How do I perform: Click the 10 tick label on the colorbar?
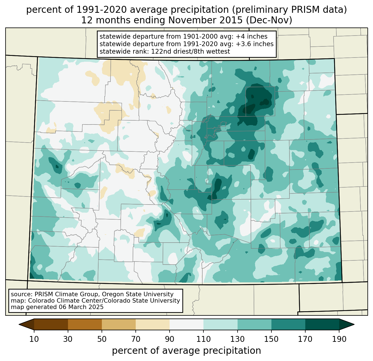(x=34, y=339)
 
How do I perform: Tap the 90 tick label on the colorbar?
(x=170, y=339)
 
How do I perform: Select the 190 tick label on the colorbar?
(x=339, y=339)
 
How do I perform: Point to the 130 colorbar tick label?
(x=238, y=339)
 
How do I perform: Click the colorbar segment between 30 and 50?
(x=85, y=324)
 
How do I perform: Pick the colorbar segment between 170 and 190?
(x=322, y=324)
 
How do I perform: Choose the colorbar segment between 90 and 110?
(x=186, y=324)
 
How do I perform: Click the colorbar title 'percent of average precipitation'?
(x=186, y=351)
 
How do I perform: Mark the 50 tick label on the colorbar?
(x=102, y=339)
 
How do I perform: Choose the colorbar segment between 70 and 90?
(x=153, y=324)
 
